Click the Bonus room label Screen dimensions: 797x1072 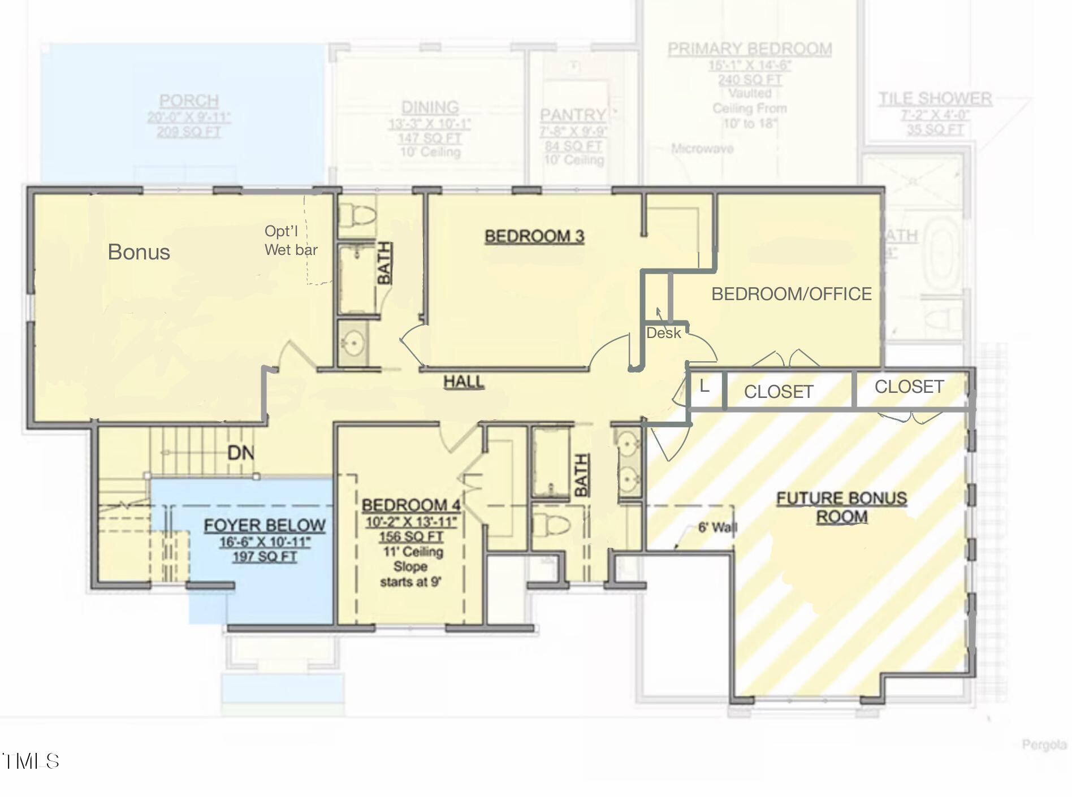[x=139, y=252]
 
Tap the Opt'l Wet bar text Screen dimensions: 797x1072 [x=291, y=240]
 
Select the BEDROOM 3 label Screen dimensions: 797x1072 [x=534, y=236]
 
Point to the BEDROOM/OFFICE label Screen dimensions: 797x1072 [x=791, y=294]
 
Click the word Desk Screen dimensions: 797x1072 [x=663, y=333]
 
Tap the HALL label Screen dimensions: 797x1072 [x=464, y=382]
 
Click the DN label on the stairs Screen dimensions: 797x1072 [x=240, y=453]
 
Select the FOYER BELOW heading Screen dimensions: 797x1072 [x=264, y=526]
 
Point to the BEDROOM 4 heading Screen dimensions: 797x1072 [x=411, y=505]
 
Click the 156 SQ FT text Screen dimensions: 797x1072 [x=411, y=536]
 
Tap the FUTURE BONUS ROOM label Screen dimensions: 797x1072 [x=841, y=507]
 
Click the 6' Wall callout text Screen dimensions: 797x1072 [x=717, y=528]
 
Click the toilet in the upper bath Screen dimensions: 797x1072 [x=356, y=215]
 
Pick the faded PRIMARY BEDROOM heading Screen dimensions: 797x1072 [x=749, y=49]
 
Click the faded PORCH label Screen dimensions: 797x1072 [x=189, y=101]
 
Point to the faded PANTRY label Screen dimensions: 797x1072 [x=572, y=115]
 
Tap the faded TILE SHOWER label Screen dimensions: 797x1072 [x=935, y=99]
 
